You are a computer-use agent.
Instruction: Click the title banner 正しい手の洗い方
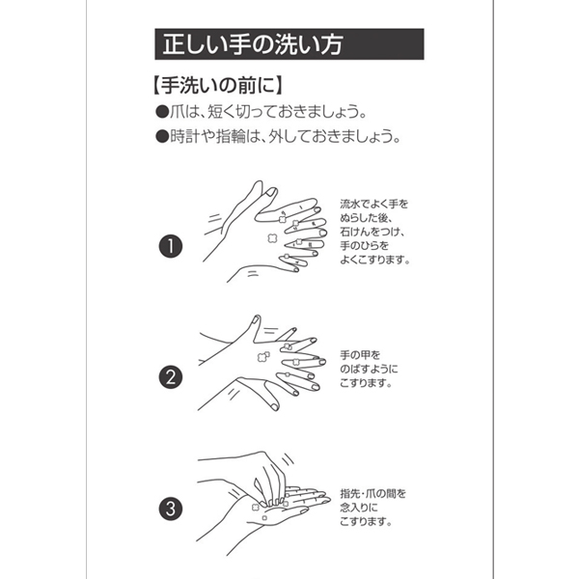[x=289, y=44]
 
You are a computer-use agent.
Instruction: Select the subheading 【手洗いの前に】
[x=218, y=85]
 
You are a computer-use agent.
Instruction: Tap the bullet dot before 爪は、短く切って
[x=162, y=112]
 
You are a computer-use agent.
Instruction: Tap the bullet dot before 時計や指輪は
[x=162, y=137]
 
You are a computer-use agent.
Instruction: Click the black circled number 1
[x=171, y=246]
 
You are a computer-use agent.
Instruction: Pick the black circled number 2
[x=171, y=377]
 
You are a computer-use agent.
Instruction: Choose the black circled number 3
[x=171, y=509]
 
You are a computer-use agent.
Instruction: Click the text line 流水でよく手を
[x=374, y=205]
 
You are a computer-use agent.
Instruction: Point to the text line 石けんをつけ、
[x=372, y=232]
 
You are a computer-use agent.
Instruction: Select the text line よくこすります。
[x=374, y=260]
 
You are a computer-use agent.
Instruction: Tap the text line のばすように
[x=369, y=369]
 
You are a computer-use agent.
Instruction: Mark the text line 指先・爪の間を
[x=372, y=494]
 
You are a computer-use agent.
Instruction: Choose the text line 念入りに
[x=359, y=508]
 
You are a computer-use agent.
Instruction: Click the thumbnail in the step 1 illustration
[x=271, y=192]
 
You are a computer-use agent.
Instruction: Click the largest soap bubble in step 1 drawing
[x=272, y=238]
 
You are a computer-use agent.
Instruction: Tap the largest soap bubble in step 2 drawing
[x=263, y=356]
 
